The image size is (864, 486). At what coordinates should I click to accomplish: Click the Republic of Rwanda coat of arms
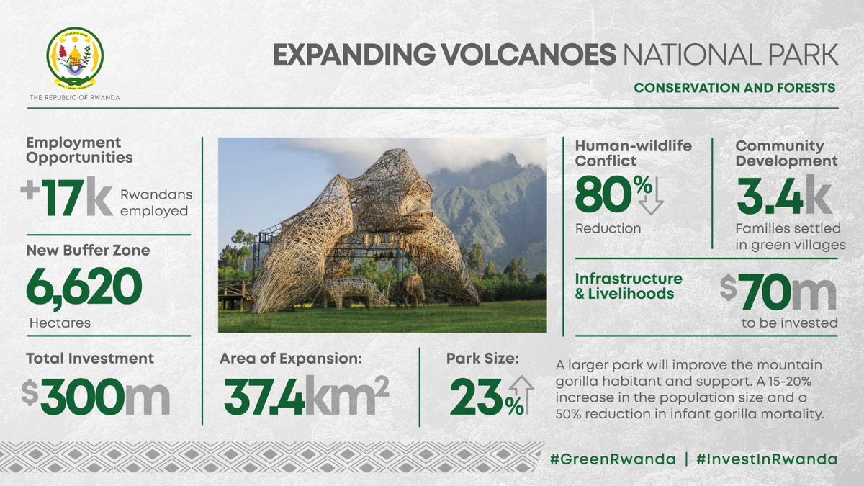(x=75, y=57)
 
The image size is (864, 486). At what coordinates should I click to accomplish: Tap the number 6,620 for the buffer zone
(x=84, y=286)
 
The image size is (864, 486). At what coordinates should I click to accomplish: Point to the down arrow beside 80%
(x=650, y=196)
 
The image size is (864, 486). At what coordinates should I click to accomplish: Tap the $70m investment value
(x=778, y=292)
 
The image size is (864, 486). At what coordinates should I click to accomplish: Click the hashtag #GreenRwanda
(x=611, y=459)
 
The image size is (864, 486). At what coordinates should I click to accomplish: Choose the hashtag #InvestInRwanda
(x=767, y=459)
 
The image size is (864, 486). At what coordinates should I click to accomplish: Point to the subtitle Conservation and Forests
(x=734, y=88)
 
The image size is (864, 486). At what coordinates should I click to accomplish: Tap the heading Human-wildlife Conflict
(x=633, y=153)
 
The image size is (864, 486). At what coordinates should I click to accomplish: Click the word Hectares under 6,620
(x=60, y=323)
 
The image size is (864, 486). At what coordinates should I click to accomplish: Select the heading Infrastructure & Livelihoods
(x=628, y=286)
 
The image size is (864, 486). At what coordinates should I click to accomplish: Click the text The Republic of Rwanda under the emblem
(x=75, y=97)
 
